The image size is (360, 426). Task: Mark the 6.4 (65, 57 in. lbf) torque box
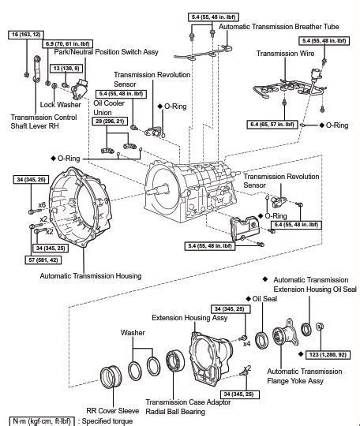click(x=272, y=125)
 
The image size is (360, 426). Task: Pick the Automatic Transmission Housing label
click(x=91, y=275)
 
